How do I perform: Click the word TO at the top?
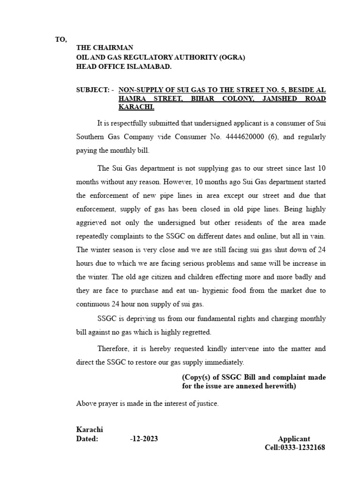point(61,39)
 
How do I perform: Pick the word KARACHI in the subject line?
point(136,107)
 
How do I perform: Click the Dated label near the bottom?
point(87,439)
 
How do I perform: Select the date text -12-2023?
point(144,439)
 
